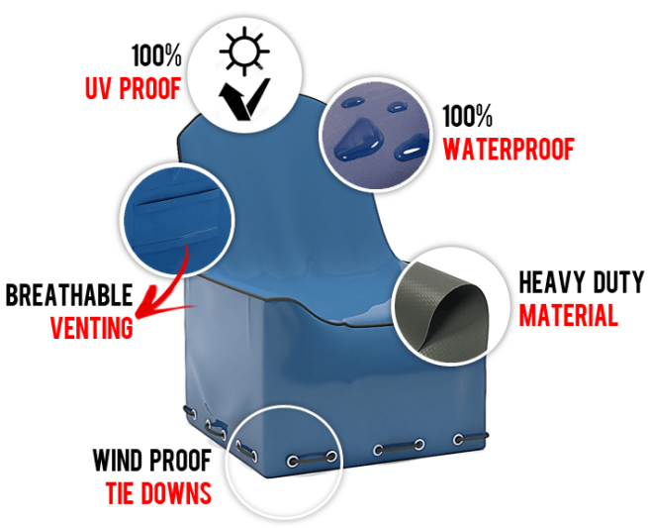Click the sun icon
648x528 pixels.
point(244,52)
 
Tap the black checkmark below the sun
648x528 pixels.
point(243,100)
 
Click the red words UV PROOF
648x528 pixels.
point(134,88)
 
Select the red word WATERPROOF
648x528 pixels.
point(509,149)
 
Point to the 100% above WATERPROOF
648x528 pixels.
point(467,116)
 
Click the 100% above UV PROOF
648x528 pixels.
point(156,55)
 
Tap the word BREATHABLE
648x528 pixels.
point(69,294)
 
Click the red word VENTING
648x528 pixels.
point(92,328)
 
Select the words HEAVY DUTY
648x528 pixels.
point(582,282)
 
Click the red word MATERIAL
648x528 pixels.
point(568,315)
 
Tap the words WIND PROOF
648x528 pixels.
point(151,460)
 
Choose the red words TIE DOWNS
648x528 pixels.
point(158,492)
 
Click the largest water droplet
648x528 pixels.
point(358,139)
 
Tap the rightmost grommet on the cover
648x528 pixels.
point(458,439)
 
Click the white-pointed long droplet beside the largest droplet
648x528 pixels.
point(412,148)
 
